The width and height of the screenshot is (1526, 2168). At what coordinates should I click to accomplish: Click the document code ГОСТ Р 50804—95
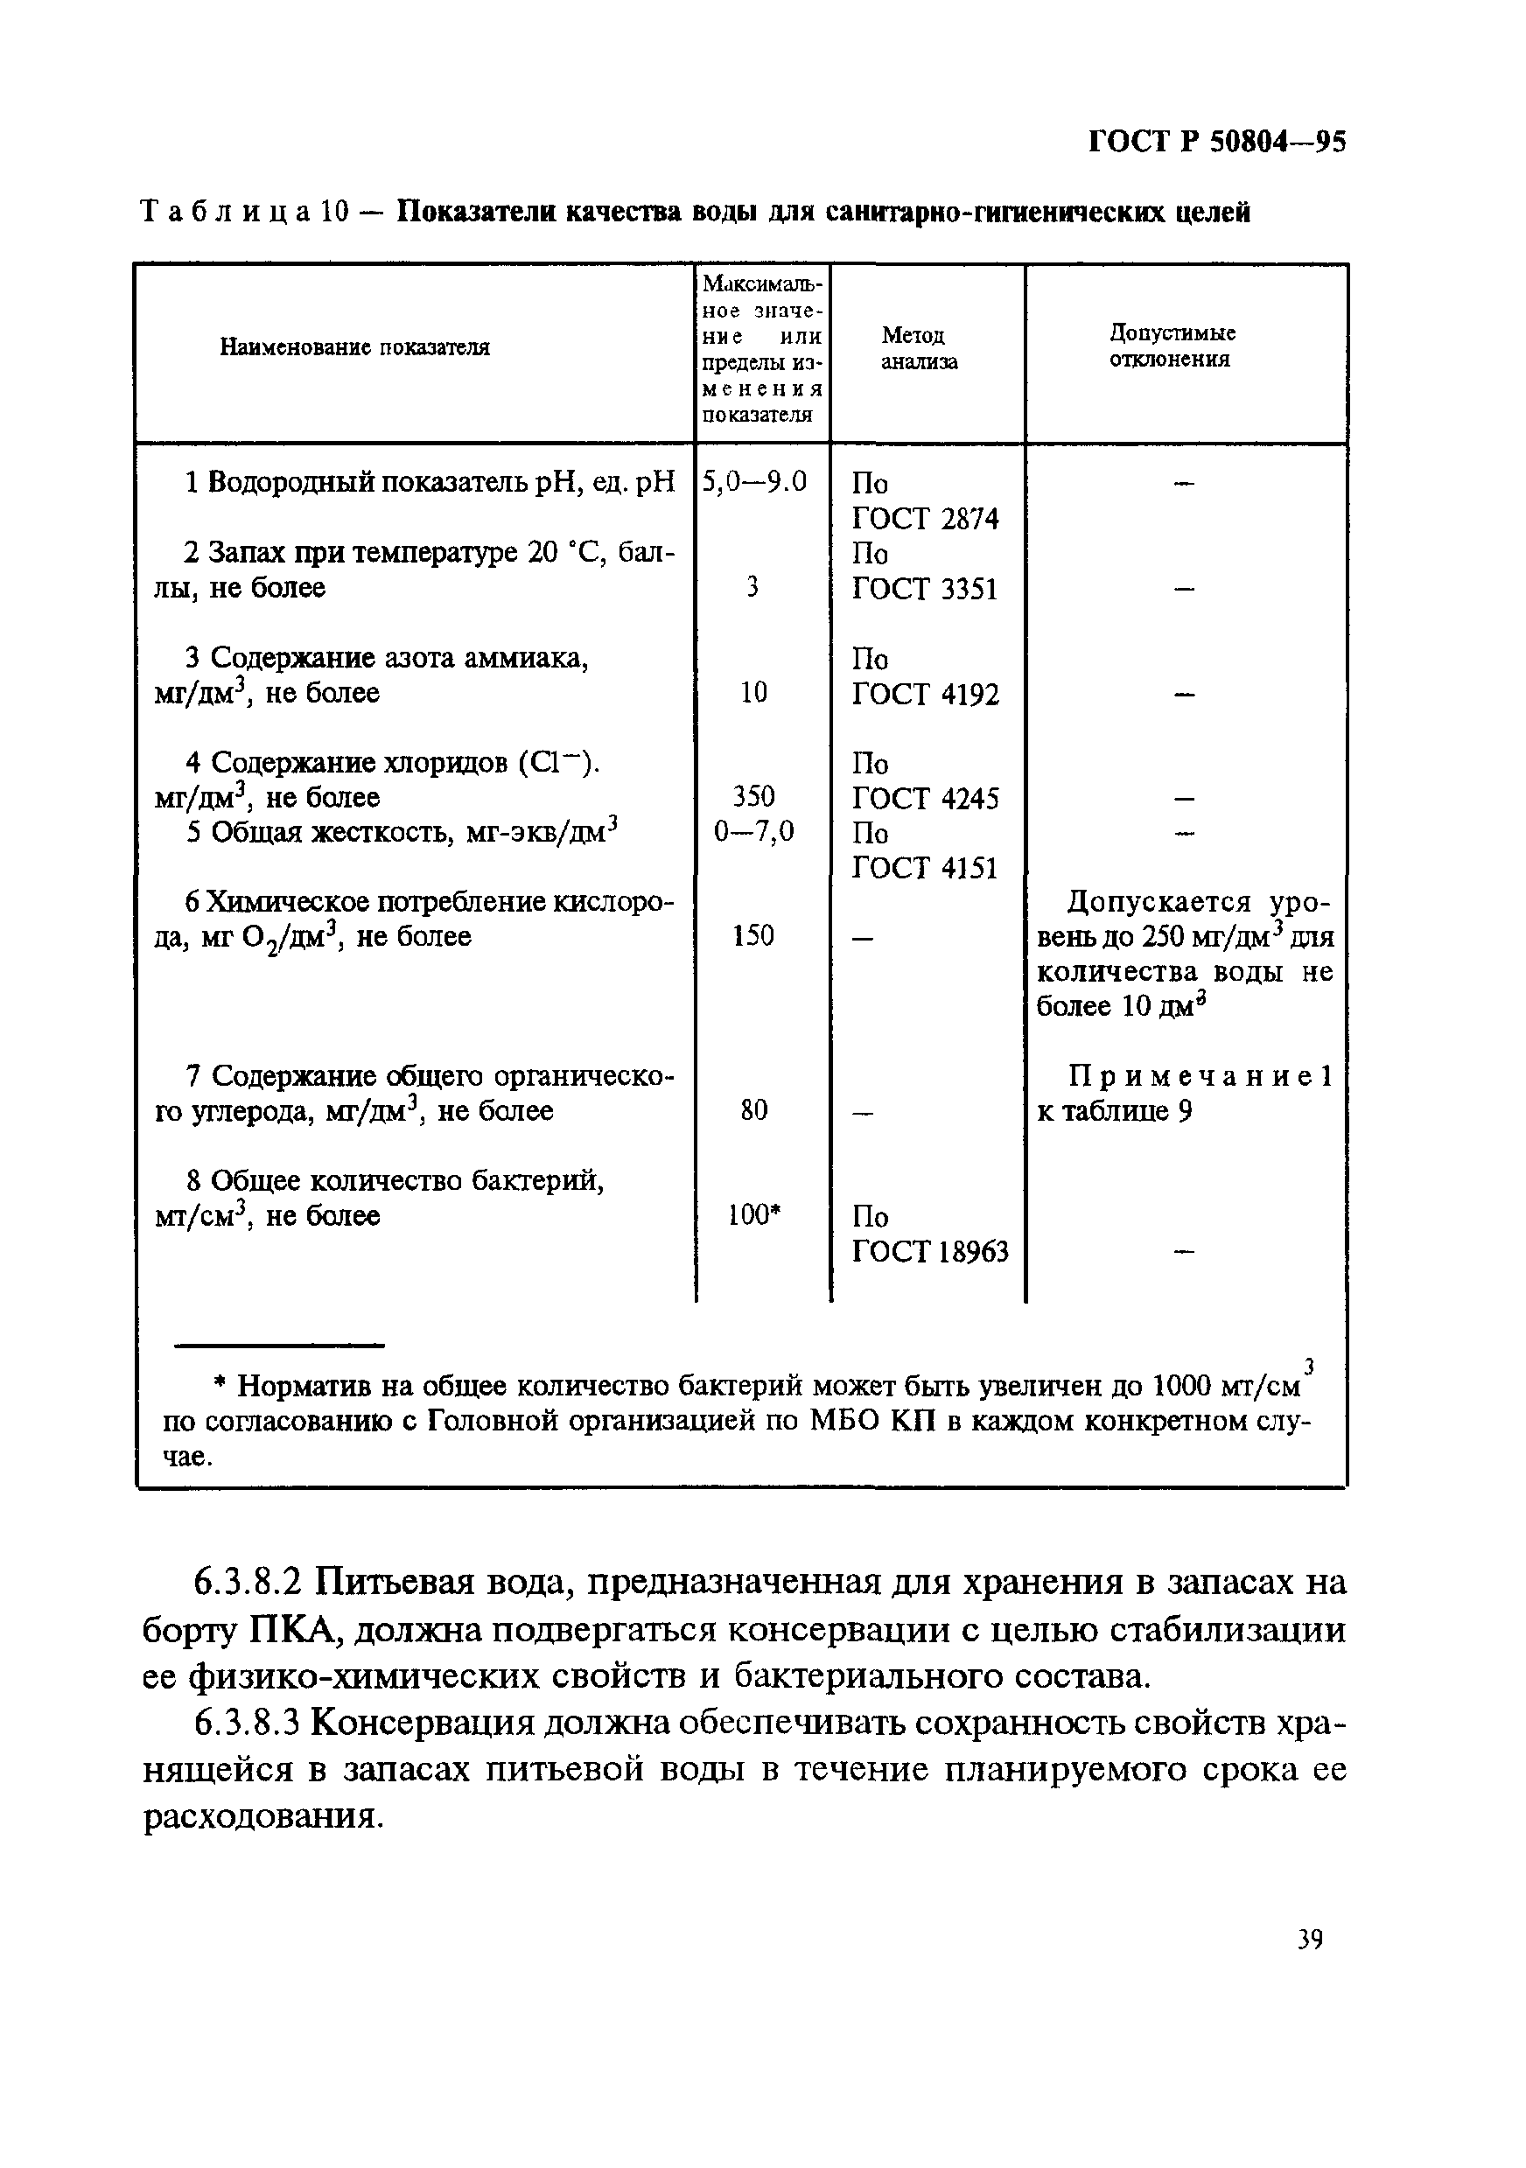tap(1217, 142)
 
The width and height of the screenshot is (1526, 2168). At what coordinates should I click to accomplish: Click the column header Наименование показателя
tap(354, 347)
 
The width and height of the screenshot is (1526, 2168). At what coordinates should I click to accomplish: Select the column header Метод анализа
tap(918, 348)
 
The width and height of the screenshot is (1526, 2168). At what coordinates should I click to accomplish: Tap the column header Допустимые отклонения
tap(1172, 346)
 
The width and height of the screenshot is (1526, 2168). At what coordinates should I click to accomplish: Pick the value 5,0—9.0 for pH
tap(754, 483)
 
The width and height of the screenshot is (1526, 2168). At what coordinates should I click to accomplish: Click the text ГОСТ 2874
tap(925, 519)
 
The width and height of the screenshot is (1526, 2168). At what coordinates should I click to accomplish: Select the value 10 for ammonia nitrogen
tap(753, 693)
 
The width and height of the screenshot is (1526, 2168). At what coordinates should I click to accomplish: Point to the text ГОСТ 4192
tap(925, 694)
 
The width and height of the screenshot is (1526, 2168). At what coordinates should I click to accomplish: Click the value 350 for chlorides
tap(753, 797)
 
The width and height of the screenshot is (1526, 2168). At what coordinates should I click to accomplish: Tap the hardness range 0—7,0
tap(753, 832)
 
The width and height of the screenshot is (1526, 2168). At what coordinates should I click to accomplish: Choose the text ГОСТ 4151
tap(925, 868)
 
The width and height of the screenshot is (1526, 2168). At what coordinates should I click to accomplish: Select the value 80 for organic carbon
tap(753, 1110)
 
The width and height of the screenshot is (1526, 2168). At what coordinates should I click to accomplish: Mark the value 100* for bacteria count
tap(755, 1215)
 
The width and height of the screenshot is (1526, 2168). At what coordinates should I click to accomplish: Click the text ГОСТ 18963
tap(930, 1252)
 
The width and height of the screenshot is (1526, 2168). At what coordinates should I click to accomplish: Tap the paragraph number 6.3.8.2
tap(248, 1581)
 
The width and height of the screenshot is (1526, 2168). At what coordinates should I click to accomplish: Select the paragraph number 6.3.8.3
tap(248, 1724)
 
